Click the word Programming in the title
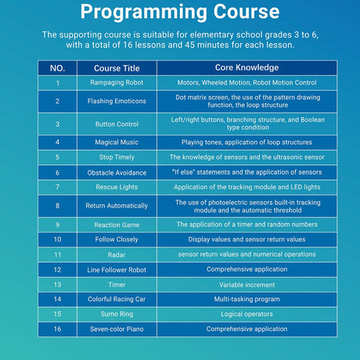click(x=143, y=13)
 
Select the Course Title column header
click(x=117, y=68)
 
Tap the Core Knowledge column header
click(x=247, y=68)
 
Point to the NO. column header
click(x=57, y=68)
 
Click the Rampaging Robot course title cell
click(x=117, y=83)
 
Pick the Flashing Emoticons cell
click(x=117, y=101)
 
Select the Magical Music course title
click(x=117, y=142)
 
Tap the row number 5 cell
click(x=57, y=157)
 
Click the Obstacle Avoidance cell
click(x=117, y=172)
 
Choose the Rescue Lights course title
click(x=117, y=187)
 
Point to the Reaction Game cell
click(x=117, y=225)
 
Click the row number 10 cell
click(x=57, y=239)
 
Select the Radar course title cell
click(x=117, y=255)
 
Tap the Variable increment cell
click(x=247, y=285)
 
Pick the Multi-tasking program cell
click(x=247, y=299)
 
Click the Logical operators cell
click(x=247, y=314)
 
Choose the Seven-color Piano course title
click(x=117, y=329)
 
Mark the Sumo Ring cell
click(x=117, y=314)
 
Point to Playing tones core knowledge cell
click(x=247, y=142)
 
